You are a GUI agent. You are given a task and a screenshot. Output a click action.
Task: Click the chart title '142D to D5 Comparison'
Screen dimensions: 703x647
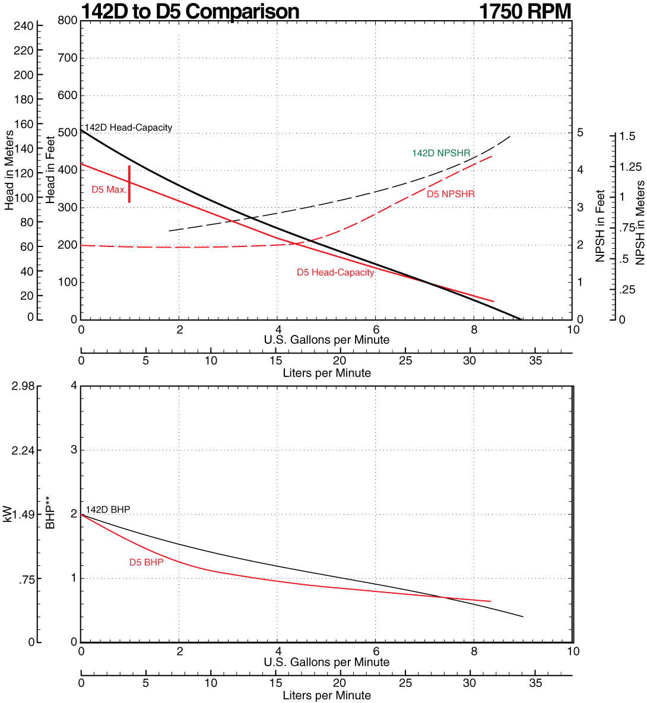pos(190,11)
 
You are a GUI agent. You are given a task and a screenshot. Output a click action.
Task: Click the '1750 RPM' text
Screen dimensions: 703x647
pos(525,11)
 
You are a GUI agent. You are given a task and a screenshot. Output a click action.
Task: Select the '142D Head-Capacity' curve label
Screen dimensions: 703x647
pos(128,128)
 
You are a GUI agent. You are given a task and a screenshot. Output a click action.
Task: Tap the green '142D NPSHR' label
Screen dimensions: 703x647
pos(441,153)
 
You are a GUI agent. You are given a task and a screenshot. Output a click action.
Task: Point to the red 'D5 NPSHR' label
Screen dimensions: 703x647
pos(451,194)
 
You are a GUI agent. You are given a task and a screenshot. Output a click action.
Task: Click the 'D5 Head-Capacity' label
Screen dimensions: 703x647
pos(335,273)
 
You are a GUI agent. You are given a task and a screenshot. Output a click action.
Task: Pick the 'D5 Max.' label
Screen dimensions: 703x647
pos(109,190)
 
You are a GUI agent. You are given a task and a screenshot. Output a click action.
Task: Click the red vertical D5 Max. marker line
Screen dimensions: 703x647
pos(129,184)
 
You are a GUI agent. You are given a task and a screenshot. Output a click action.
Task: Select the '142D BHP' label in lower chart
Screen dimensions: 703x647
pos(108,510)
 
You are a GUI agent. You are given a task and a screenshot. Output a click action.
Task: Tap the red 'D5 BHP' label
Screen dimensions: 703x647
pos(146,562)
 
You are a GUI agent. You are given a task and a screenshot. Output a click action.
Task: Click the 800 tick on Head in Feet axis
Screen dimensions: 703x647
pos(68,21)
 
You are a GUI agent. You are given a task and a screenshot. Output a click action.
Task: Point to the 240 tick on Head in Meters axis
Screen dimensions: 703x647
pos(24,26)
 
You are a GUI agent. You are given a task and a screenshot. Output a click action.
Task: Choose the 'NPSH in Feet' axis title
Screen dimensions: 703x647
pos(600,226)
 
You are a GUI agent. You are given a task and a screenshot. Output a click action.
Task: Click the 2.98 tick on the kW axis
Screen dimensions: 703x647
pos(23,387)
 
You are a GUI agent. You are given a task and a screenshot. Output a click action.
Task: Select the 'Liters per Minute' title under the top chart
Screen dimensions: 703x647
pos(326,373)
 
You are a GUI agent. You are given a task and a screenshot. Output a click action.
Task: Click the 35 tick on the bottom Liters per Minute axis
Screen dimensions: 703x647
pos(535,683)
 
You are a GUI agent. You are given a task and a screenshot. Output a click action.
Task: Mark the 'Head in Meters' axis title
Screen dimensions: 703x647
pos(9,170)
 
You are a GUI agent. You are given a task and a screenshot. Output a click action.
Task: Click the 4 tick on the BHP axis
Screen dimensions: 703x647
pos(74,386)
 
